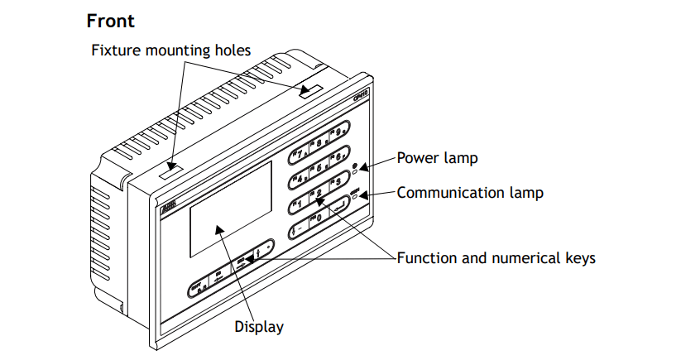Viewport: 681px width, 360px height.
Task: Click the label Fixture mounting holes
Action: pos(170,50)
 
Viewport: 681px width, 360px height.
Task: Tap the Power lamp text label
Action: pos(437,157)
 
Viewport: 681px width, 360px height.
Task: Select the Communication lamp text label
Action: pos(470,193)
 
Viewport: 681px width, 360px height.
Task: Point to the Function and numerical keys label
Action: pos(496,258)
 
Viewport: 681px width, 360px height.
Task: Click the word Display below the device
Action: pos(259,327)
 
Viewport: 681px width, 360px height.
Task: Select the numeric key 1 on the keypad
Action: pos(299,205)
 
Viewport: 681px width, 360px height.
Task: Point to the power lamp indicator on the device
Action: pos(355,169)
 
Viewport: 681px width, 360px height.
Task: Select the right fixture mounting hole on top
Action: pos(311,89)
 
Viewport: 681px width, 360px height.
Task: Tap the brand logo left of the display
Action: pos(168,202)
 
